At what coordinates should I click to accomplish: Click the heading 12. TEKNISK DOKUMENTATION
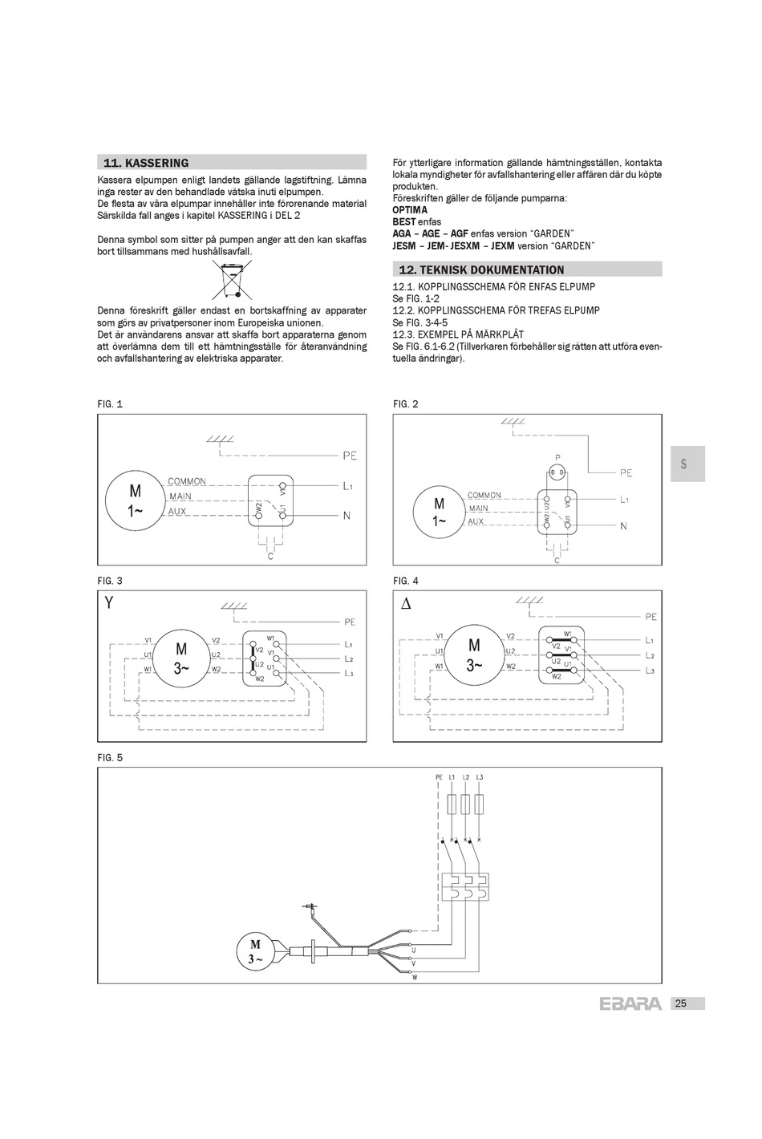[x=480, y=270]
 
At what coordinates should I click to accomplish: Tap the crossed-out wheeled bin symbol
[x=231, y=280]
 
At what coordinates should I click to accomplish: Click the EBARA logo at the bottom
[x=630, y=1003]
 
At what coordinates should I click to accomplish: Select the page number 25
[x=680, y=1003]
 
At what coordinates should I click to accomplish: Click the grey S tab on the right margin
[x=684, y=464]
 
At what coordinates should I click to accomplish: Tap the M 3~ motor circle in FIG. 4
[x=474, y=655]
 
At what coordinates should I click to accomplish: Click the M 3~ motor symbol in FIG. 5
[x=256, y=951]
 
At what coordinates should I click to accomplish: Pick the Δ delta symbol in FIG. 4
[x=406, y=603]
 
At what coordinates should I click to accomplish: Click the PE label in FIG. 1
[x=349, y=456]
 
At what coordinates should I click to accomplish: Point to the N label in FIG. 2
[x=623, y=526]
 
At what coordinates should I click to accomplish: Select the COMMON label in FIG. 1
[x=187, y=481]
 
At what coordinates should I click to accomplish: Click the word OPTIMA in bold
[x=410, y=210]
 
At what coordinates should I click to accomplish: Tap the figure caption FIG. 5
[x=110, y=757]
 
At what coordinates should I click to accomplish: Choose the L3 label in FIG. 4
[x=650, y=671]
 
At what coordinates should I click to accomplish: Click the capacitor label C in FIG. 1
[x=270, y=555]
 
